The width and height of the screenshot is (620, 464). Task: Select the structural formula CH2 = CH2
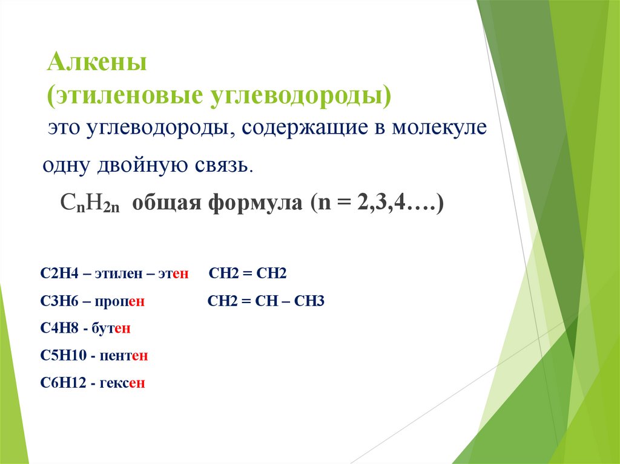point(247,273)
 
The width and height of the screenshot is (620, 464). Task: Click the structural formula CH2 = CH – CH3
point(266,301)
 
